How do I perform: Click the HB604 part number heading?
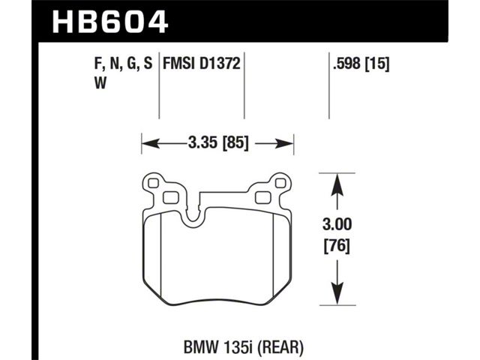(x=110, y=22)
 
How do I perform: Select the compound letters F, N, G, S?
(x=124, y=64)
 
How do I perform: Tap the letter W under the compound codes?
(x=100, y=82)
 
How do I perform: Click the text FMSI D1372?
(x=202, y=64)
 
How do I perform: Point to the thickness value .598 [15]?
(x=361, y=64)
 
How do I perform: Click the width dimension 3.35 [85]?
(x=218, y=142)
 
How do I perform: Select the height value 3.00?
(x=337, y=225)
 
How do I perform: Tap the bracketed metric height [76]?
(x=337, y=245)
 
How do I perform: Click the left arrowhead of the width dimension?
(x=151, y=143)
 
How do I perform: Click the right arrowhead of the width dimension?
(x=285, y=143)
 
